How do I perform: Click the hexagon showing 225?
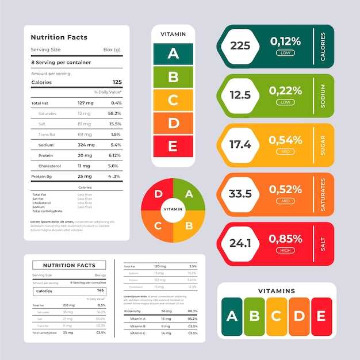pos(240,45)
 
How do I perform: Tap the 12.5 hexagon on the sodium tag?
pos(240,95)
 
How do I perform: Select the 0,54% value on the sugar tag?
pos(285,140)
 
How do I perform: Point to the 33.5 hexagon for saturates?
pos(240,194)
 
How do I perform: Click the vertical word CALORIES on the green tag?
pos(323,46)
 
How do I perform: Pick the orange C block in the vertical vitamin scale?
pos(173,100)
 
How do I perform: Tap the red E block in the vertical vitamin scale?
pos(173,146)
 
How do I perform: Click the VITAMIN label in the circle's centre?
pos(173,210)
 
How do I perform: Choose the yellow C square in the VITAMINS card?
pos(276,316)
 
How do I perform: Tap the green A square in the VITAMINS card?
pos(232,316)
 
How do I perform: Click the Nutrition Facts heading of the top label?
pos(59,37)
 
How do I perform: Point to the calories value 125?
pos(117,82)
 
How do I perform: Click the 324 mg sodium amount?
pos(86,145)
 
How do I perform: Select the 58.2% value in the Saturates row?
pos(115,113)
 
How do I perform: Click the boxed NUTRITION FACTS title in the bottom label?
pos(68,265)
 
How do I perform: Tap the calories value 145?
pos(101,291)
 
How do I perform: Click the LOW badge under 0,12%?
pos(285,52)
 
